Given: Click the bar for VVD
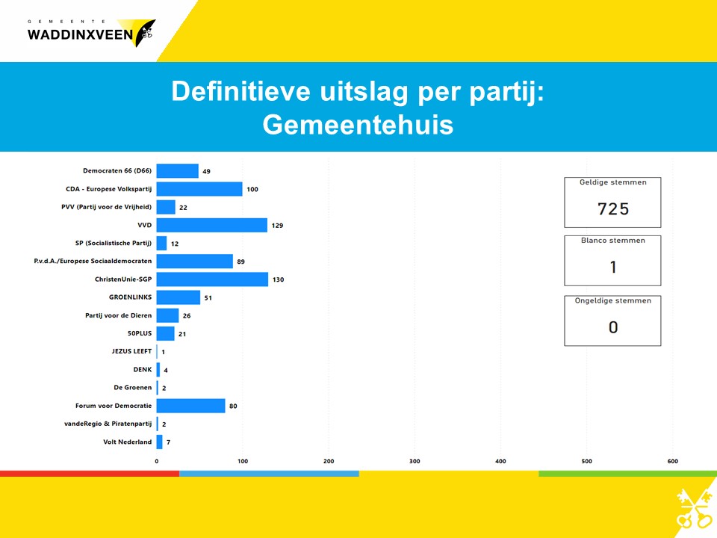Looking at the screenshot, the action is point(211,225).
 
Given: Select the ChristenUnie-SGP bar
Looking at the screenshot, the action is point(212,279).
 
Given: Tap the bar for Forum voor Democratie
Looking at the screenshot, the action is point(190,406).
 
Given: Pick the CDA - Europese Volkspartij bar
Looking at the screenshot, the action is point(199,189).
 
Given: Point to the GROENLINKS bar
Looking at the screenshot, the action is point(179,297).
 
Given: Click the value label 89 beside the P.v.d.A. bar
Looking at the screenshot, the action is point(241,262).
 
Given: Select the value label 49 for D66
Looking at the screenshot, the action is point(206,171).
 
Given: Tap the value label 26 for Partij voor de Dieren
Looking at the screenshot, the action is point(187,315).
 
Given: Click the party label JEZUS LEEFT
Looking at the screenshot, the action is point(131,351).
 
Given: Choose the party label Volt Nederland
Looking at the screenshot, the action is point(128,442).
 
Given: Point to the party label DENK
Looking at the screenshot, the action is point(143,370).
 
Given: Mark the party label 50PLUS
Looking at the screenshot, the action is point(140,333).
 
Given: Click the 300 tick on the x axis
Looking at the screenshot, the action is point(415,461).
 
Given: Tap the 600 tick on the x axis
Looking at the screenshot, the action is point(673,461).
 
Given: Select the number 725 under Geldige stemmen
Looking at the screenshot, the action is point(613,209).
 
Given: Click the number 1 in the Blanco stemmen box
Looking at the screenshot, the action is point(613,268).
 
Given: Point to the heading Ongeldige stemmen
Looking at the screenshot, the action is point(613,300).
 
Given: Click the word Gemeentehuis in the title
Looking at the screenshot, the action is point(358,125).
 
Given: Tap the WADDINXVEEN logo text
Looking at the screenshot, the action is point(81,35).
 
